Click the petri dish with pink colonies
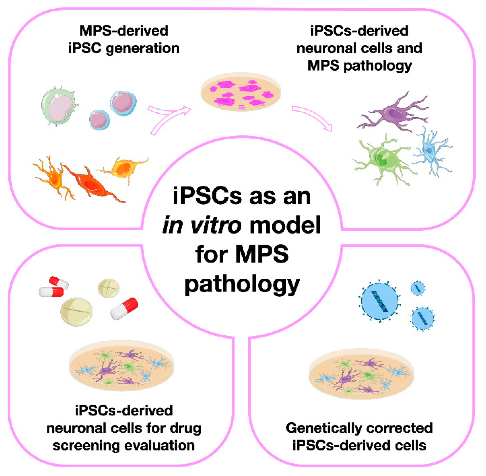[241, 92]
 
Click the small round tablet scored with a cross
[108, 288]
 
